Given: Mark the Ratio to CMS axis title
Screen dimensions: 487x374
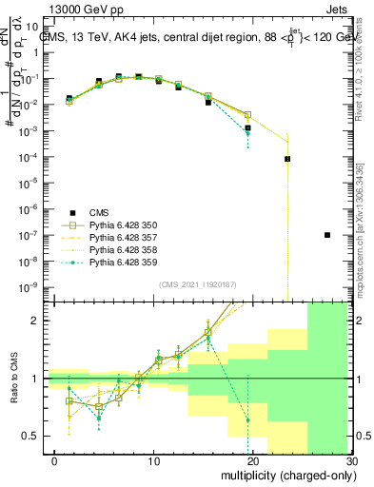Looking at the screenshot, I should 15,379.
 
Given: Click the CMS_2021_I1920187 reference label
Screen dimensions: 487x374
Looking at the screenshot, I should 197,283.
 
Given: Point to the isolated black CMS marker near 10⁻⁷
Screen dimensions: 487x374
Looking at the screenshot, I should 327,235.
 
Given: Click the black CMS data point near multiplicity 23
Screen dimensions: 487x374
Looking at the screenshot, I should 287,159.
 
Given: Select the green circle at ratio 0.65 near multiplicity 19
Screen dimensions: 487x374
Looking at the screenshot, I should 247,419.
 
